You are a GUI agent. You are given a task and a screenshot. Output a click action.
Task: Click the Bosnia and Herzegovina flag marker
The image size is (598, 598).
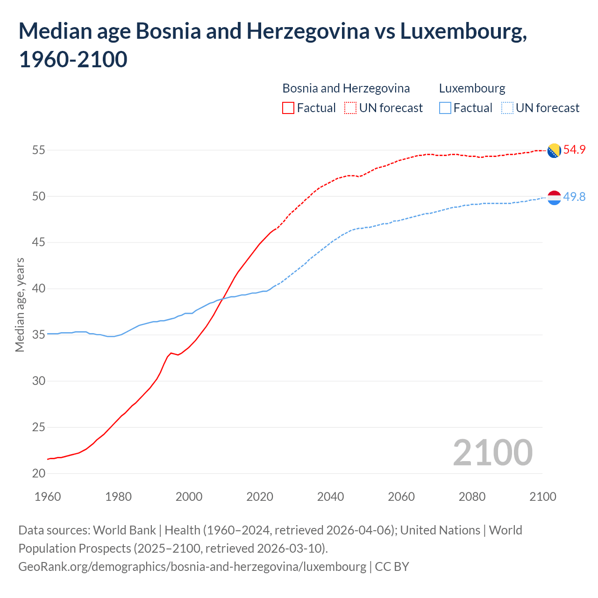click(554, 150)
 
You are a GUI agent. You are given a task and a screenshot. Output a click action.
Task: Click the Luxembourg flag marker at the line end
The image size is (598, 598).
click(554, 198)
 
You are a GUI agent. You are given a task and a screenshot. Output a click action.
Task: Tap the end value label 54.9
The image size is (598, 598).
click(574, 149)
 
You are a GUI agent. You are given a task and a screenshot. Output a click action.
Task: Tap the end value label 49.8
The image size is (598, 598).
click(574, 197)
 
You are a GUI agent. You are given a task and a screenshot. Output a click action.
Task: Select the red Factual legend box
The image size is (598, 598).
click(288, 108)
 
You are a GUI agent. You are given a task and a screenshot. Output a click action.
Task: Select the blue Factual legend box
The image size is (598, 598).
click(445, 108)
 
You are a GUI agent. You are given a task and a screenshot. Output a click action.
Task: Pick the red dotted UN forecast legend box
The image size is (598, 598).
click(350, 108)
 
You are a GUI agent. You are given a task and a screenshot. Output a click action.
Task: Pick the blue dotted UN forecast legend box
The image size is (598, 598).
click(507, 108)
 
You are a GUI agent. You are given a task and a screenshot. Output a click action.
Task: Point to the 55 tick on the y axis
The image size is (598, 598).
click(39, 150)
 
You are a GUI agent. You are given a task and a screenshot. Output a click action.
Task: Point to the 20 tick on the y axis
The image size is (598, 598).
click(39, 473)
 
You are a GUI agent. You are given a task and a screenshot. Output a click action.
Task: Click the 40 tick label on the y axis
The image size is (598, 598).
click(39, 289)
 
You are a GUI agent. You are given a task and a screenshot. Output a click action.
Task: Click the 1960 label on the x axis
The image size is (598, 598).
click(48, 497)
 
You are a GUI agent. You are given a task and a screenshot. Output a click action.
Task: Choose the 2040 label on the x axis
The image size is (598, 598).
click(330, 497)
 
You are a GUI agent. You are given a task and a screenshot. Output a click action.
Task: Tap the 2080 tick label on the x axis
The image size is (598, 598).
click(472, 497)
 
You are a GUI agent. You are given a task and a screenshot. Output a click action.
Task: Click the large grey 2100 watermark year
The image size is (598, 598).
click(492, 452)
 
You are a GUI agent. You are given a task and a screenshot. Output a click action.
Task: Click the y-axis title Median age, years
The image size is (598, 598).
click(20, 305)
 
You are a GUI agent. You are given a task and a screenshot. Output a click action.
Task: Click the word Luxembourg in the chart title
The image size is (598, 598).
click(463, 31)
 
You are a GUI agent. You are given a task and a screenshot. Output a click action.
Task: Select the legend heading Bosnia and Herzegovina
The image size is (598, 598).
click(346, 88)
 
